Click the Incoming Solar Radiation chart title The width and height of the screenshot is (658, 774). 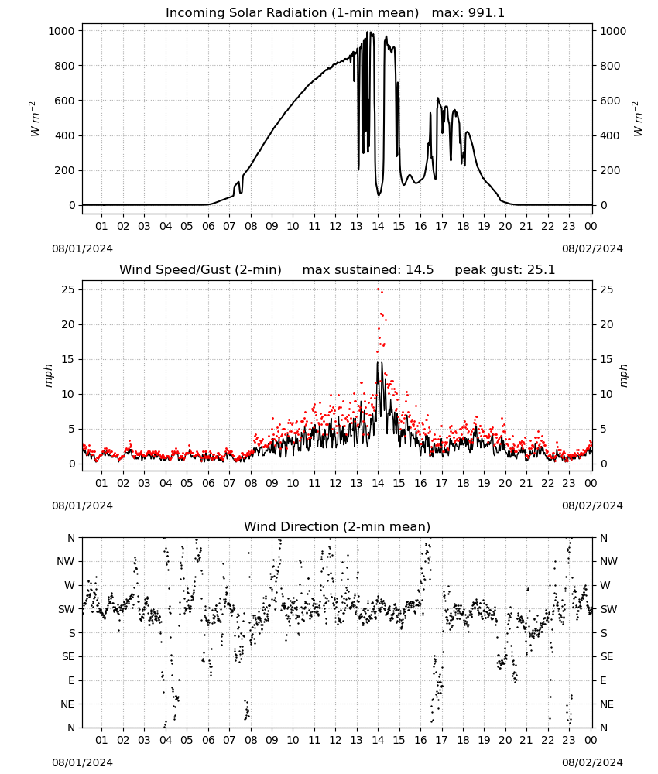[x=334, y=12]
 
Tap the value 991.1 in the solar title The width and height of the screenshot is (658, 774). [x=487, y=12]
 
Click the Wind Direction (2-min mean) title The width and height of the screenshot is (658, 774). [x=338, y=526]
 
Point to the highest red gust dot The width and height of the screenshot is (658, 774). [x=379, y=289]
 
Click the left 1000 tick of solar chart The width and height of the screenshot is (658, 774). [x=62, y=31]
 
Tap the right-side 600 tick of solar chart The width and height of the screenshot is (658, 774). [x=610, y=101]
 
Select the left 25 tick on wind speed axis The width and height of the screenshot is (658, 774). [x=69, y=289]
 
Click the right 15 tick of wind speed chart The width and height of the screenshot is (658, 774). [x=607, y=359]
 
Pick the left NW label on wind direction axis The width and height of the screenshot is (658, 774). [x=66, y=561]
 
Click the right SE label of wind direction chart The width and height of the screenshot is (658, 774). [x=607, y=656]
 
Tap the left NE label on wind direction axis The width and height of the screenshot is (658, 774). [x=67, y=704]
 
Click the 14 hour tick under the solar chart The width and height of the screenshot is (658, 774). [x=378, y=226]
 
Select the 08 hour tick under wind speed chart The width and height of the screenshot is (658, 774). [x=251, y=483]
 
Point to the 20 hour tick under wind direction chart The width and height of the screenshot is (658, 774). [x=505, y=740]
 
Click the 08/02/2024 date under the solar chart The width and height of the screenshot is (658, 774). [x=592, y=248]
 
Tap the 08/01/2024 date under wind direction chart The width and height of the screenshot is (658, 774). [x=82, y=762]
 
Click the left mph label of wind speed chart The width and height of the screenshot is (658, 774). [x=48, y=375]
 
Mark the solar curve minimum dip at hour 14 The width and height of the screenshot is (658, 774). [x=379, y=195]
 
